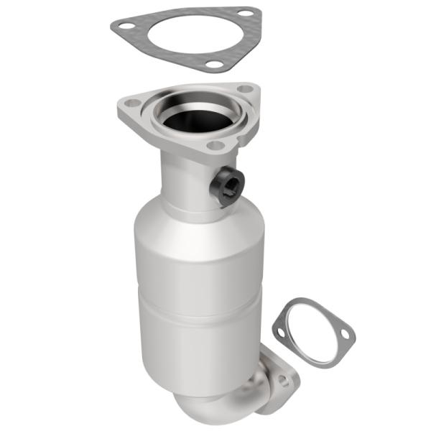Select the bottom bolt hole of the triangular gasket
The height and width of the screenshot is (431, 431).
(x=213, y=65)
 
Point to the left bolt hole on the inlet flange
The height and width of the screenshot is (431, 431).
(x=132, y=103)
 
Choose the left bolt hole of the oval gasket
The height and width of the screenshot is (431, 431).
(x=279, y=330)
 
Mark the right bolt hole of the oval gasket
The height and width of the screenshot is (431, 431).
(x=346, y=335)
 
